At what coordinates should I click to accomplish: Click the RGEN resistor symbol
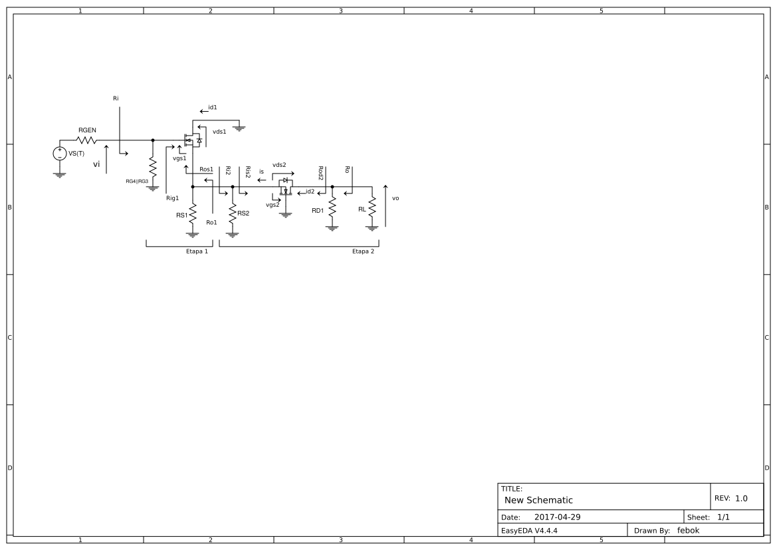pyautogui.click(x=87, y=140)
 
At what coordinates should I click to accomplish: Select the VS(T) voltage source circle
pyautogui.click(x=60, y=153)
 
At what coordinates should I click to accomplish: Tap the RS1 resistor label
pyautogui.click(x=181, y=215)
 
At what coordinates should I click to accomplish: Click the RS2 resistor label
pyautogui.click(x=243, y=213)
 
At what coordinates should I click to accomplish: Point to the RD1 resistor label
pyautogui.click(x=318, y=210)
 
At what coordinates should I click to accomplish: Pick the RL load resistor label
pyautogui.click(x=362, y=209)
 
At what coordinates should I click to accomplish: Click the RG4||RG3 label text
pyautogui.click(x=137, y=181)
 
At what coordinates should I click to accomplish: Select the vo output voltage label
pyautogui.click(x=395, y=198)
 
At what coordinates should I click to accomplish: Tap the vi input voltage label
pyautogui.click(x=96, y=164)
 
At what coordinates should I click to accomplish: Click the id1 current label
pyautogui.click(x=213, y=106)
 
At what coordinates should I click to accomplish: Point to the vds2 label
pyautogui.click(x=279, y=164)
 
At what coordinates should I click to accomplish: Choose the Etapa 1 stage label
pyautogui.click(x=197, y=252)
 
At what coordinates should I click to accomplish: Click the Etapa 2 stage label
pyautogui.click(x=363, y=252)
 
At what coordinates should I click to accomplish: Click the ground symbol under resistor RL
pyautogui.click(x=372, y=228)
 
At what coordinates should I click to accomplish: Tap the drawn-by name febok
pyautogui.click(x=688, y=530)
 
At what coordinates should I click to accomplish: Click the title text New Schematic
pyautogui.click(x=538, y=500)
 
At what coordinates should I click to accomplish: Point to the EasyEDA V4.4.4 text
pyautogui.click(x=529, y=530)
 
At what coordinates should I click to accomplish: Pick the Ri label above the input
pyautogui.click(x=116, y=98)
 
